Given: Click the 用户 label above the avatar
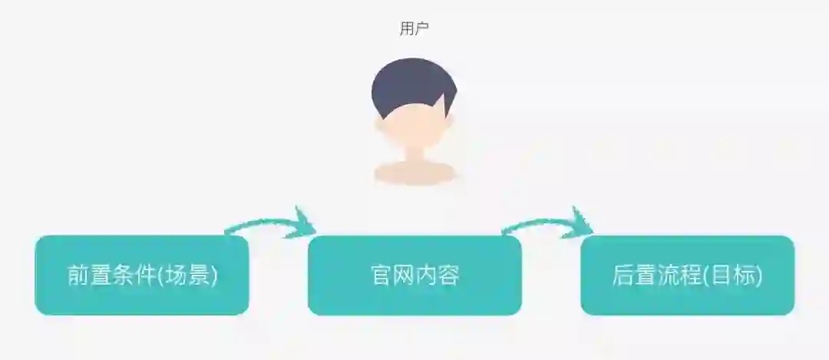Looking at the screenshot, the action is tap(414, 28).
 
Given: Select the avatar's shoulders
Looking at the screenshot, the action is tap(414, 173).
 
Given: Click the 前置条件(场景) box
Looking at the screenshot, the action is tap(142, 275).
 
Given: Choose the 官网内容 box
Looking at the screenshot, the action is tap(414, 275).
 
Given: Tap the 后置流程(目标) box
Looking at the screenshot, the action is tap(687, 275).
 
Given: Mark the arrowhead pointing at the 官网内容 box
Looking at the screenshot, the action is tap(303, 223).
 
